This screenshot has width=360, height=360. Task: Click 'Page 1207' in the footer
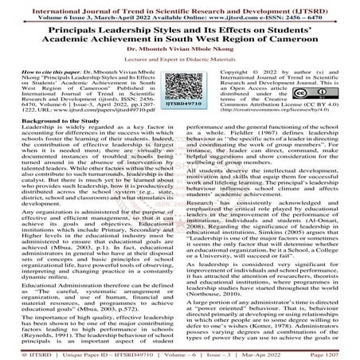[334, 351]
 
